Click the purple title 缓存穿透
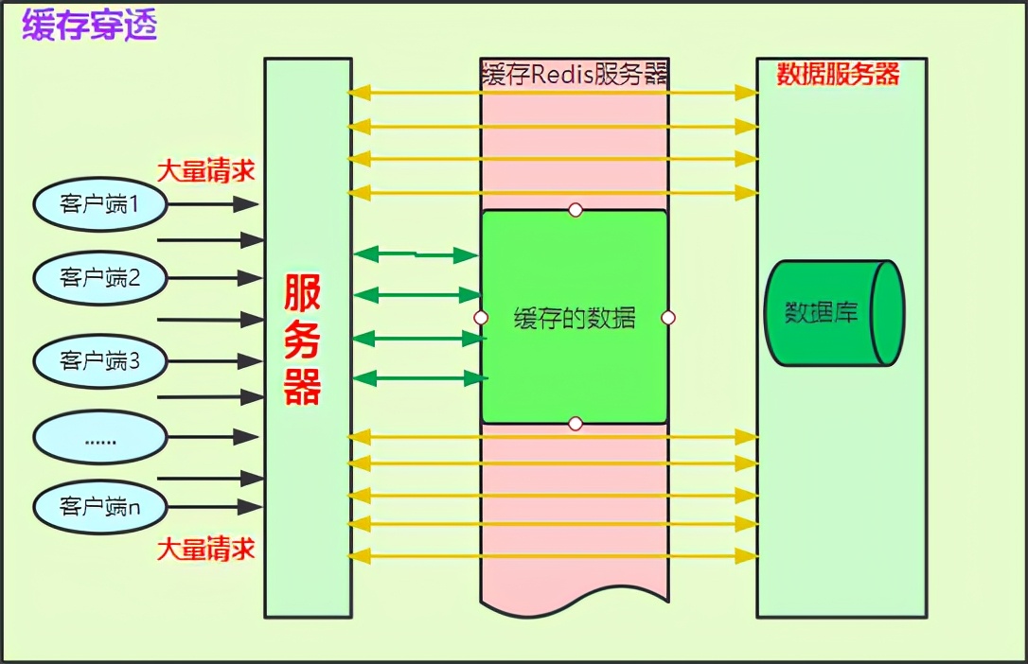pos(89,26)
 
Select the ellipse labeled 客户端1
pos(100,203)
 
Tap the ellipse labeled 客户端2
pos(100,278)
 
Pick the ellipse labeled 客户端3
pos(100,360)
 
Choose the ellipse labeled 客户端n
pos(100,507)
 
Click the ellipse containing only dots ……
pos(100,437)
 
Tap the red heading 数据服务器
pos(838,75)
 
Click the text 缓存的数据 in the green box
pos(575,318)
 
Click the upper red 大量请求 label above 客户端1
pos(205,171)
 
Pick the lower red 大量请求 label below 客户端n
pos(205,550)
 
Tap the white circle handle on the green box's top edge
pos(575,209)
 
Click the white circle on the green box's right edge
pos(667,318)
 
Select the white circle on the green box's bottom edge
pos(575,424)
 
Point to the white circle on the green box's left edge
pos(481,318)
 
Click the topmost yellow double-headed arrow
pos(554,93)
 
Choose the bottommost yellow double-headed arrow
pos(554,556)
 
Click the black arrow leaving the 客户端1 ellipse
pos(216,203)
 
